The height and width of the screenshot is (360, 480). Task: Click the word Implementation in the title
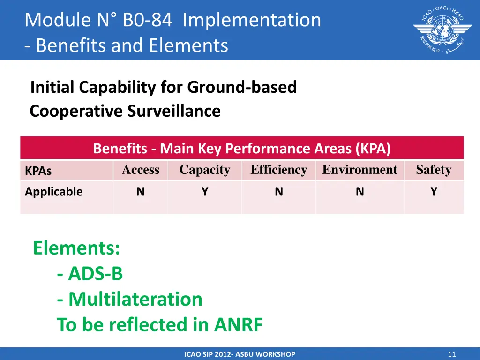click(252, 20)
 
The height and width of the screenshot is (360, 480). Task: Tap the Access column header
click(141, 170)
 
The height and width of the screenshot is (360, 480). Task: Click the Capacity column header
click(205, 170)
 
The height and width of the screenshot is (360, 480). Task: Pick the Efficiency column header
click(279, 170)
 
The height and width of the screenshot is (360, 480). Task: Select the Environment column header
click(360, 170)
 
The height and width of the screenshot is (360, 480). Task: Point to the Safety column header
click(434, 170)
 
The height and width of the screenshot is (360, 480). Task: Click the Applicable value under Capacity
click(205, 192)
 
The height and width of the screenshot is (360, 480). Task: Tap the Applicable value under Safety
click(434, 192)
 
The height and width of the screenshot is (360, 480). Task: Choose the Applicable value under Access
click(141, 192)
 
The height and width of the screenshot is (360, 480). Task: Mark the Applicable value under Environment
click(360, 192)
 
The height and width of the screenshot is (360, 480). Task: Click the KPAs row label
click(38, 171)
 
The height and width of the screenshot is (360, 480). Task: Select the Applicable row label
click(54, 192)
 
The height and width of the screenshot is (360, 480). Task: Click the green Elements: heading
click(76, 248)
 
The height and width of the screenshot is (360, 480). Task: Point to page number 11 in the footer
click(451, 354)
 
